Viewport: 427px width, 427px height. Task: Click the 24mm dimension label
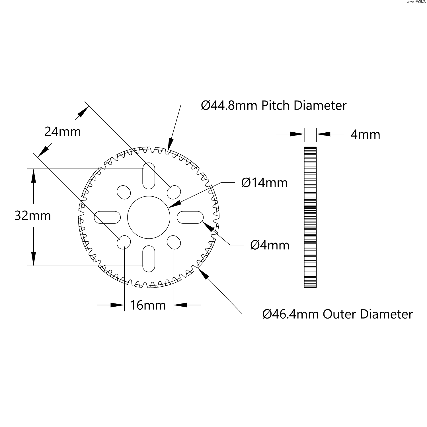[63, 132]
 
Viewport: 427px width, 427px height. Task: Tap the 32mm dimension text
[32, 216]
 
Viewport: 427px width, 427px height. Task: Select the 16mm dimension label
[148, 305]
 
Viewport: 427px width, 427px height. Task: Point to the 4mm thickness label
[365, 134]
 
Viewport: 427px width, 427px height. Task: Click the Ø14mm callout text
[264, 182]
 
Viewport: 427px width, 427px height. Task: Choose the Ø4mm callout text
[270, 245]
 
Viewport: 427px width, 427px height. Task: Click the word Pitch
[276, 106]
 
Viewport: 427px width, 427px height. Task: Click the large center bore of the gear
[149, 217]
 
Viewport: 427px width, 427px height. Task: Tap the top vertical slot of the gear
[149, 176]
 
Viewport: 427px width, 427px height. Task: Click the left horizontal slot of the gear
[107, 217]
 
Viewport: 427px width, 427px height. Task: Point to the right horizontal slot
[190, 217]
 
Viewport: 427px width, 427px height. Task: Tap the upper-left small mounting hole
[124, 192]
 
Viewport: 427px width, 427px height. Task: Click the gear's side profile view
[310, 217]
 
